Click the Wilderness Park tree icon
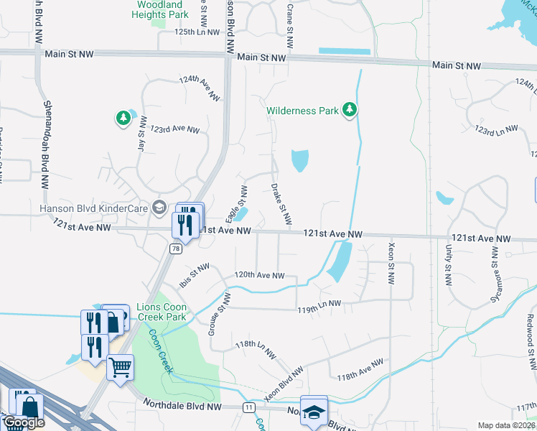(350, 110)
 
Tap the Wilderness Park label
(302, 111)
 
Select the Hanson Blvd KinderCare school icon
(159, 208)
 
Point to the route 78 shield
(175, 248)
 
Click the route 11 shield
(249, 407)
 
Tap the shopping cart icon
(120, 367)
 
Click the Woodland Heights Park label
(159, 9)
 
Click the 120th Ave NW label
(261, 275)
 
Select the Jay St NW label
(141, 132)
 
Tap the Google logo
(24, 423)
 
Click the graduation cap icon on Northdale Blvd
(314, 412)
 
